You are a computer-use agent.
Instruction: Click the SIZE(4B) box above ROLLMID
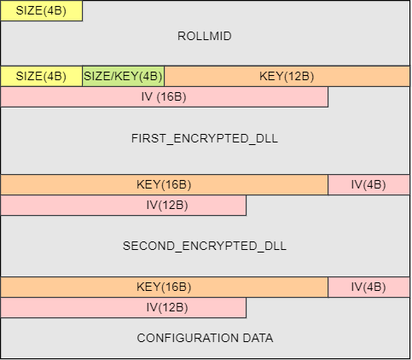[x=42, y=11]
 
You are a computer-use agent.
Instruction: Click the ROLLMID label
[x=205, y=36]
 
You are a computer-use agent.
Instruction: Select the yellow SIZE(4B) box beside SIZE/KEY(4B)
[x=42, y=76]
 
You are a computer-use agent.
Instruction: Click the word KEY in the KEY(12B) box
[x=270, y=76]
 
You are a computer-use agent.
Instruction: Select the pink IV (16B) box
[x=165, y=97]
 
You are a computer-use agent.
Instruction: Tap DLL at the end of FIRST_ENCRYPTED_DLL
[x=267, y=138]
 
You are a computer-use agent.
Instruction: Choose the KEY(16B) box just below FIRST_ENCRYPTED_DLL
[x=165, y=185]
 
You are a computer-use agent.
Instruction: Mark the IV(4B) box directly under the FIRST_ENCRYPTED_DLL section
[x=368, y=185]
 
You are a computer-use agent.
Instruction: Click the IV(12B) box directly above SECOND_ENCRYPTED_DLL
[x=124, y=206]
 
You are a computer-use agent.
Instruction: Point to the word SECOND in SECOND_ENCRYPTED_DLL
[x=148, y=246]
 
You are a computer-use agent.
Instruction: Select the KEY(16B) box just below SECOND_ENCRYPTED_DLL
[x=165, y=287]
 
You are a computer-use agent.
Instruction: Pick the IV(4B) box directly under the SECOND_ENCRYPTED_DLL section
[x=368, y=287]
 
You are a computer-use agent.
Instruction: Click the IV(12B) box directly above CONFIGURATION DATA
[x=124, y=308]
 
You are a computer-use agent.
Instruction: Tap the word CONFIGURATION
[x=188, y=338]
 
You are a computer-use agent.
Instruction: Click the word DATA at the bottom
[x=258, y=338]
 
